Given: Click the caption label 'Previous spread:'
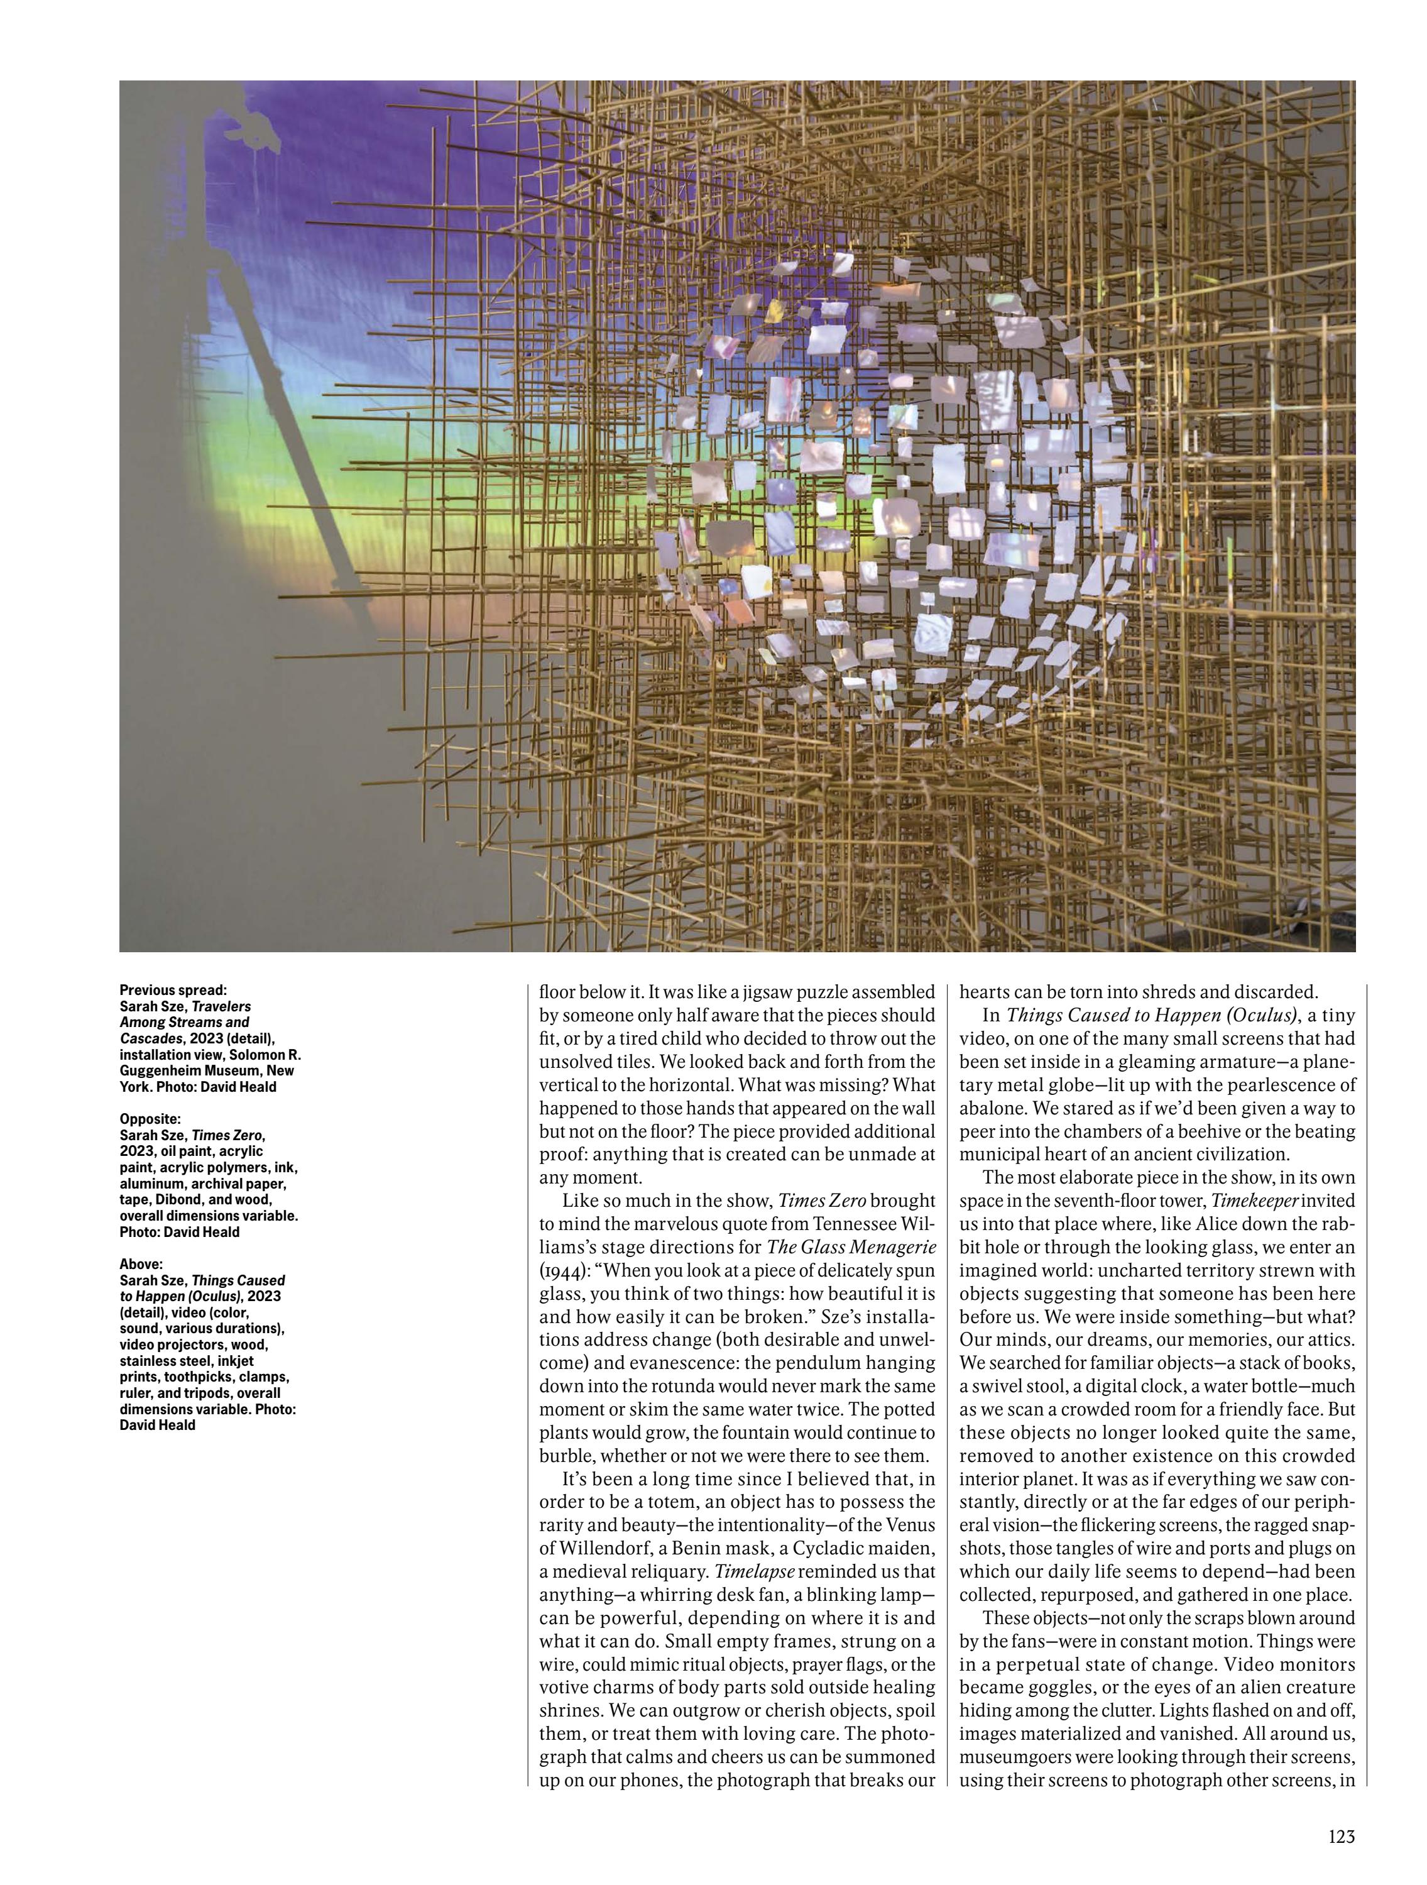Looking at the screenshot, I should coord(173,990).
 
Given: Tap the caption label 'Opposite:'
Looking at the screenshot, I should coord(150,1119).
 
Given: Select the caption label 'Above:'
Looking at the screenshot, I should coord(141,1264).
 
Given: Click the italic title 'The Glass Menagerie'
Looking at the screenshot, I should coord(851,1248).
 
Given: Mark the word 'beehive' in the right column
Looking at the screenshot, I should coord(1240,1131).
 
